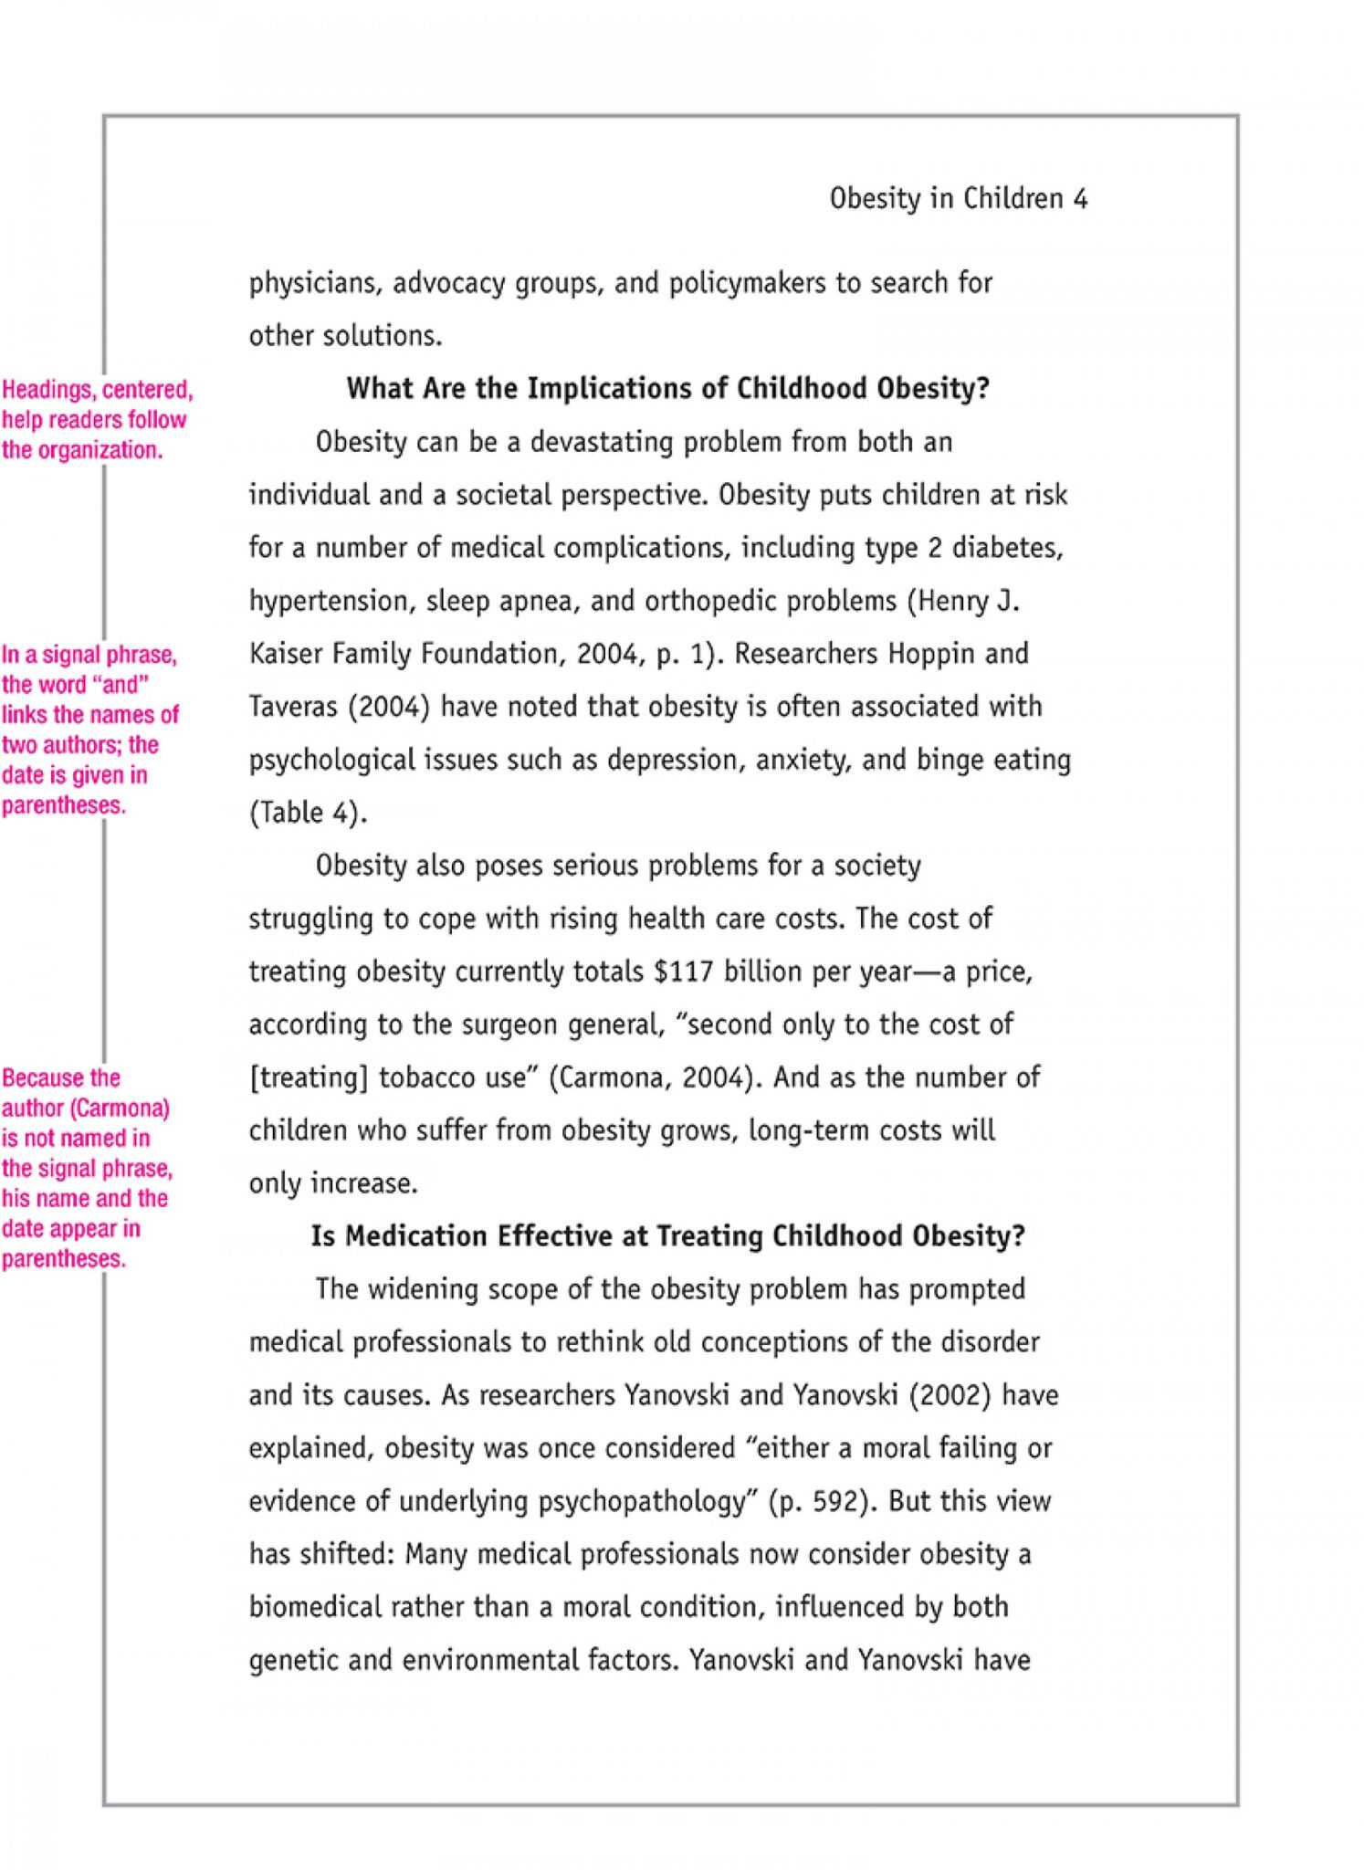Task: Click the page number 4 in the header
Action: [1080, 199]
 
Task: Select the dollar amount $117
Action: [683, 972]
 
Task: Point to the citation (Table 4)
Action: [308, 813]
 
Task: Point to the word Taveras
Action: [292, 707]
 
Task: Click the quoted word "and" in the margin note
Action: [121, 685]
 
